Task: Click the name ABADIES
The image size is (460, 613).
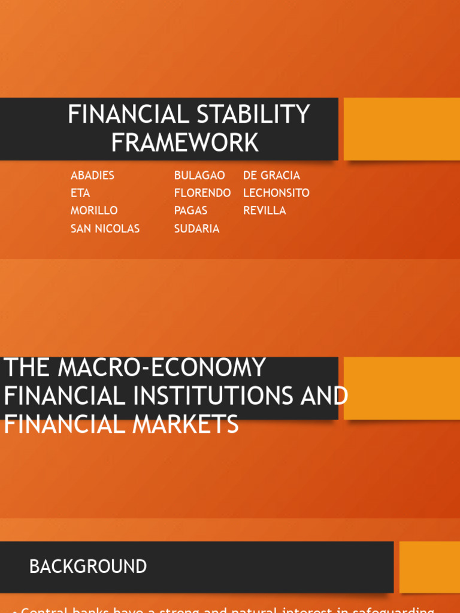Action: (92, 175)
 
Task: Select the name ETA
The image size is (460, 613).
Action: (80, 193)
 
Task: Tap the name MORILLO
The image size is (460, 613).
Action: (94, 210)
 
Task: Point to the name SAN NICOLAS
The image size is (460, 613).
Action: (105, 228)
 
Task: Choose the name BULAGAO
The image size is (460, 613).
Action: (199, 175)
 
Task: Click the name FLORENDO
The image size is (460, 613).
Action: (202, 193)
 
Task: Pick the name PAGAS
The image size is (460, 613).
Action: (190, 210)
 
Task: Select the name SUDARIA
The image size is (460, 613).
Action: (196, 228)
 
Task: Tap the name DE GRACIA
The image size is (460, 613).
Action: (271, 175)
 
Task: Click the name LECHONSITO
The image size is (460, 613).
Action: (276, 193)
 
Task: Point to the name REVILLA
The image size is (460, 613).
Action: (264, 210)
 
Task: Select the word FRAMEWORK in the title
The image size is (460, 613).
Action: (185, 142)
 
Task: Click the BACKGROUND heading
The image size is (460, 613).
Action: (88, 566)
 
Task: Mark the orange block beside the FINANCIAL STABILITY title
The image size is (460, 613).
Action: (401, 129)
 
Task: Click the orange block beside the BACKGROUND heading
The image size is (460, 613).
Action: (429, 567)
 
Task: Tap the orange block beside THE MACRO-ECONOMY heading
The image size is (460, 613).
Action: (401, 388)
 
